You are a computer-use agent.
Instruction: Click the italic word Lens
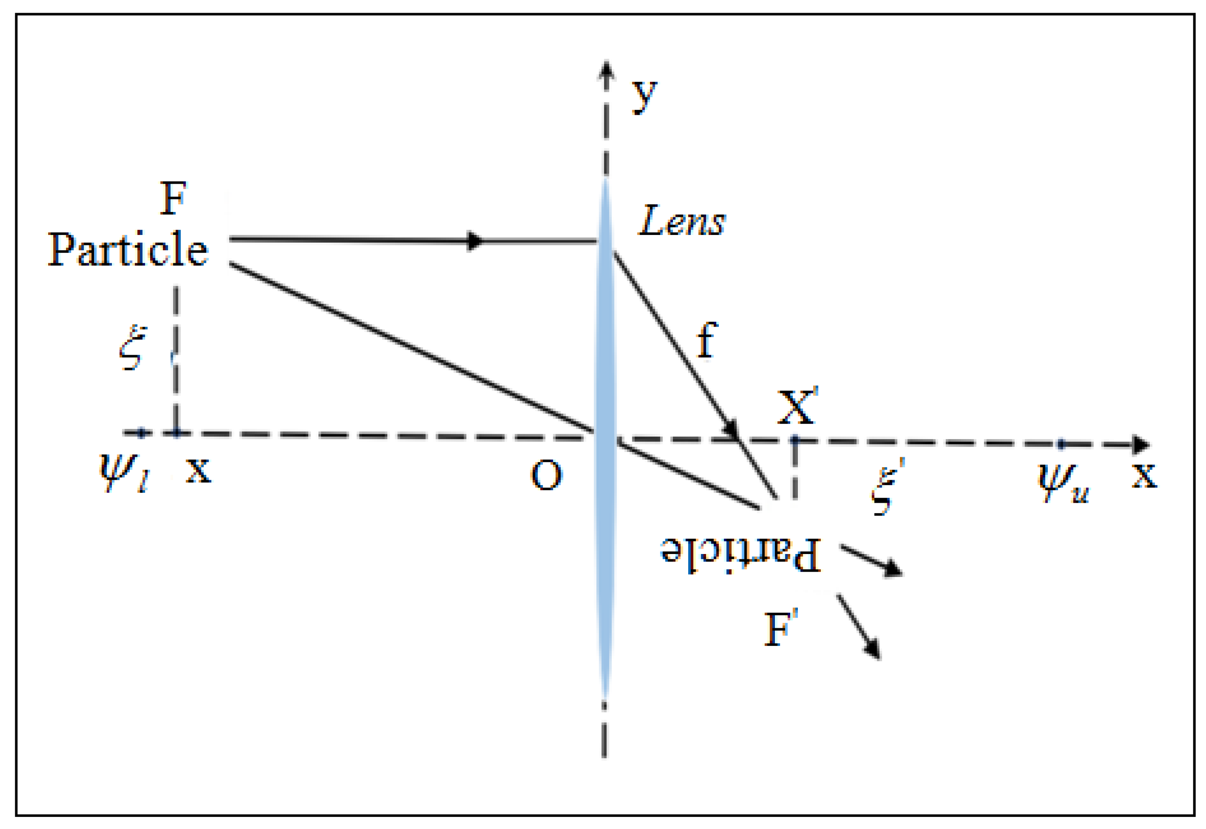(681, 221)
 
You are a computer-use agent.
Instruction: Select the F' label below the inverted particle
(780, 629)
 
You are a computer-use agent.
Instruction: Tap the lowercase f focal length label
(707, 340)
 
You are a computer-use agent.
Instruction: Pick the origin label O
(546, 475)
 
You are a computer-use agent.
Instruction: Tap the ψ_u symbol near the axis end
(1062, 482)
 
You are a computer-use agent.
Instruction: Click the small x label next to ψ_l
(198, 470)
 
